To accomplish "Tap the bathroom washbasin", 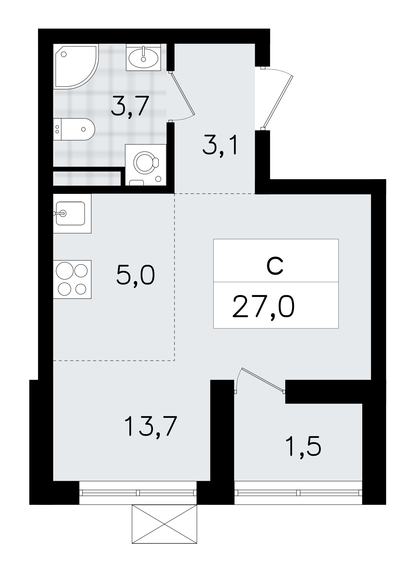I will point(143,57).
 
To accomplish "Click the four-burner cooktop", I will point(72,279).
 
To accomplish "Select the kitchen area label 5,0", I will point(136,275).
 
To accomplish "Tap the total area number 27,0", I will point(263,307).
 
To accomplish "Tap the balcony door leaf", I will point(262,379).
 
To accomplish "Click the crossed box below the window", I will point(164,524).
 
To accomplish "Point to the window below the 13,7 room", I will point(138,492).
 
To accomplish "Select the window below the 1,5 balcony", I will point(298,492).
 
